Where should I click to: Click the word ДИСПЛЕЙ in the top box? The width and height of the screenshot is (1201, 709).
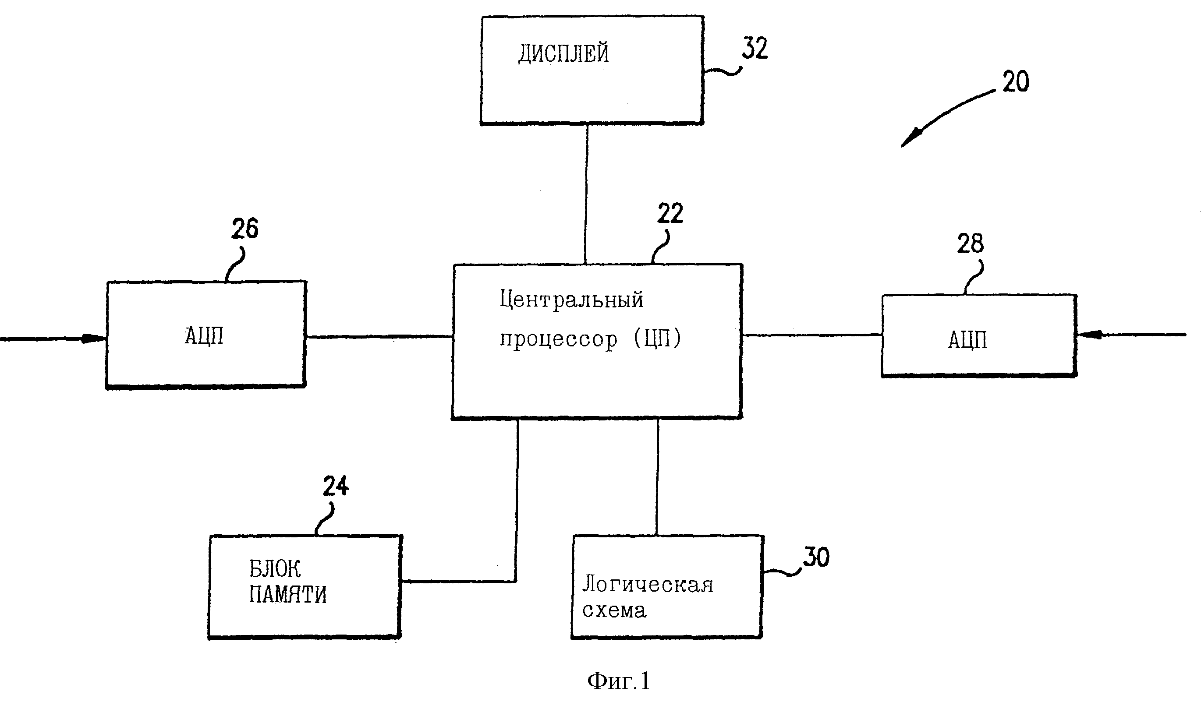tap(564, 53)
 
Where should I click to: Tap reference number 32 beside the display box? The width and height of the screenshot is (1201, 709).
tap(755, 48)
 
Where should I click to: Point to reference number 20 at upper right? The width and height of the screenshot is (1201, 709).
tap(1016, 82)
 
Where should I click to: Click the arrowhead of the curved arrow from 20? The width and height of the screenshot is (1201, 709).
tap(910, 138)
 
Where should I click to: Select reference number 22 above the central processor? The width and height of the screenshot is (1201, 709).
tap(670, 213)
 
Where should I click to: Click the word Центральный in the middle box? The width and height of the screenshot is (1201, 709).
tap(572, 300)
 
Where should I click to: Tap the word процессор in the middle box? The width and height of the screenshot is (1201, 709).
tap(559, 340)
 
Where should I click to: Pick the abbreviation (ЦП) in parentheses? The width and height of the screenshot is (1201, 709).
tap(658, 339)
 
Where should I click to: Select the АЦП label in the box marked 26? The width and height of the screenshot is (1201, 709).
tap(204, 336)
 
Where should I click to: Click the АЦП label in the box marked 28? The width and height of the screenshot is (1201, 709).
tap(968, 341)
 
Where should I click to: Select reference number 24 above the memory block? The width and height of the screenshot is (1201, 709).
tap(336, 487)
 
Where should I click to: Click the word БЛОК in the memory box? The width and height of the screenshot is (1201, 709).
tap(275, 569)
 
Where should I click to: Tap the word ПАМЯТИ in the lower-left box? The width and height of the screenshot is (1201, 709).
tap(288, 595)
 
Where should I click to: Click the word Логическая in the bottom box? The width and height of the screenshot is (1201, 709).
tap(648, 584)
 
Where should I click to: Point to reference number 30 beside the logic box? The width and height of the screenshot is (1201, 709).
tap(816, 557)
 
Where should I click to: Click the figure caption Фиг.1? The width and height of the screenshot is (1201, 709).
tap(618, 681)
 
